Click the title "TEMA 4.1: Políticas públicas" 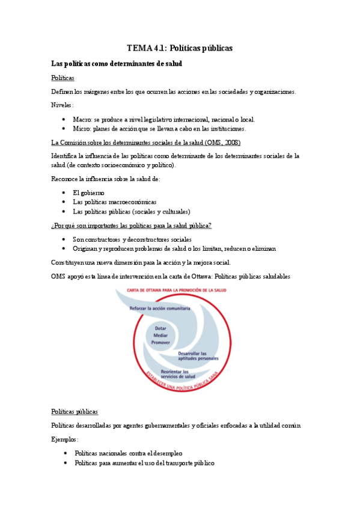[180, 48]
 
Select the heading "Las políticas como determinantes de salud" [117, 63]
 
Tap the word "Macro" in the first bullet [82, 120]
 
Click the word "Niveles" [62, 105]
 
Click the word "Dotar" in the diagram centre [160, 328]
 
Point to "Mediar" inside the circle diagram [160, 335]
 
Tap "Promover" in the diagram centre [160, 342]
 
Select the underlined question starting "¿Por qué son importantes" [131, 225]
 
